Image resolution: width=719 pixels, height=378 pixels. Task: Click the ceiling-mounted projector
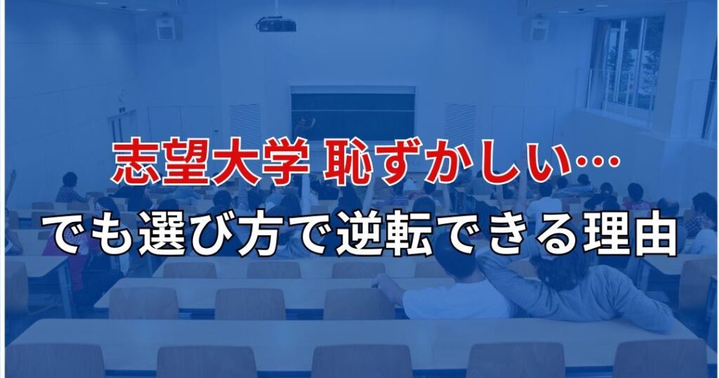(x=275, y=24)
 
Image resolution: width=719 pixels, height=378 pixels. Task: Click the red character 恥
(x=347, y=163)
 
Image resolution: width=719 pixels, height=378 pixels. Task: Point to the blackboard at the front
(x=353, y=114)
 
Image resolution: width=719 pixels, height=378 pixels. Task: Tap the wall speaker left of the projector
(x=166, y=28)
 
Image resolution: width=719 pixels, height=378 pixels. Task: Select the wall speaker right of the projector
(x=539, y=30)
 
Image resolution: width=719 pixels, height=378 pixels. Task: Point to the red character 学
(x=286, y=163)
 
